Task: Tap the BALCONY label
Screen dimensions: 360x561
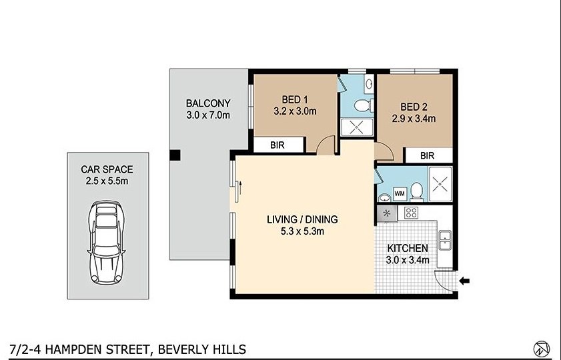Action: (x=208, y=103)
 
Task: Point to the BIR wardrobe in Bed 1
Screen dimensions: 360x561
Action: (x=278, y=145)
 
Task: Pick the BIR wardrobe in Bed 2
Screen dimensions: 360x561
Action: (x=428, y=155)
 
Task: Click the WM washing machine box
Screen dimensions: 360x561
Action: (x=400, y=193)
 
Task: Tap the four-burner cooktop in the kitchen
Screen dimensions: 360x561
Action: (x=412, y=213)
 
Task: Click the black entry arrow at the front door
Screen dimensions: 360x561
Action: (x=465, y=281)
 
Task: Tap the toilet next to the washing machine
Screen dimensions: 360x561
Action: (x=417, y=191)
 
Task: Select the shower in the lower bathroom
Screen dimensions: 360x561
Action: (x=440, y=183)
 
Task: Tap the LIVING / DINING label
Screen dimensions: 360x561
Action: (x=302, y=219)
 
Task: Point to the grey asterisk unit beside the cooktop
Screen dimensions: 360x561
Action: (x=387, y=213)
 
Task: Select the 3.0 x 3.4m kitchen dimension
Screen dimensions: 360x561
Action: (x=408, y=260)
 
